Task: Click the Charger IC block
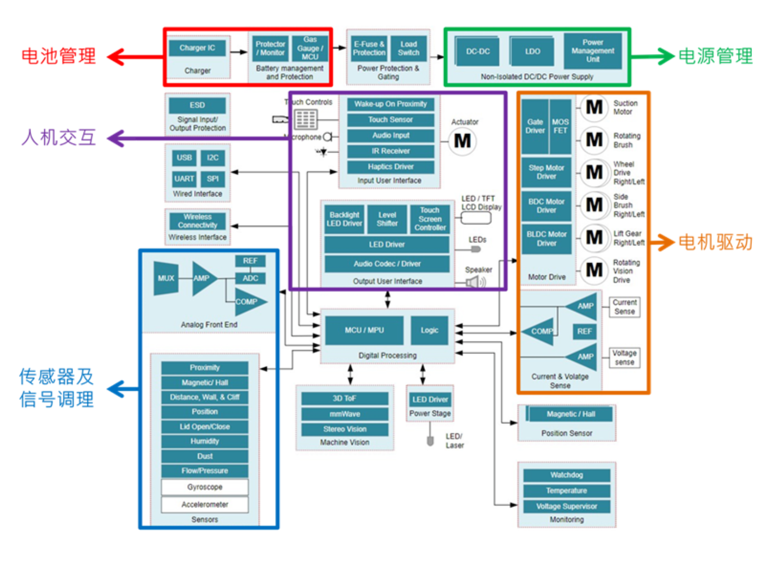(197, 48)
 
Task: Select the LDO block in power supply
(532, 51)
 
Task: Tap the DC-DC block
(478, 51)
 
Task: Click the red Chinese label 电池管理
(59, 56)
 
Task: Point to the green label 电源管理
(716, 56)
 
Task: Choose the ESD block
(197, 105)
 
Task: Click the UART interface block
(184, 179)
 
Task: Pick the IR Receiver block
(390, 151)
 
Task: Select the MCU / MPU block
(364, 330)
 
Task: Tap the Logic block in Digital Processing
(429, 330)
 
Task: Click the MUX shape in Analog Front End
(166, 278)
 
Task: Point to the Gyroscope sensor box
(205, 487)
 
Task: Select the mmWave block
(345, 414)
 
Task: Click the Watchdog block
(567, 475)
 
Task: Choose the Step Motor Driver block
(546, 172)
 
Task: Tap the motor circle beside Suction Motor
(594, 107)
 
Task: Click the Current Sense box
(624, 307)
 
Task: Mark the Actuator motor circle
(462, 141)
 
